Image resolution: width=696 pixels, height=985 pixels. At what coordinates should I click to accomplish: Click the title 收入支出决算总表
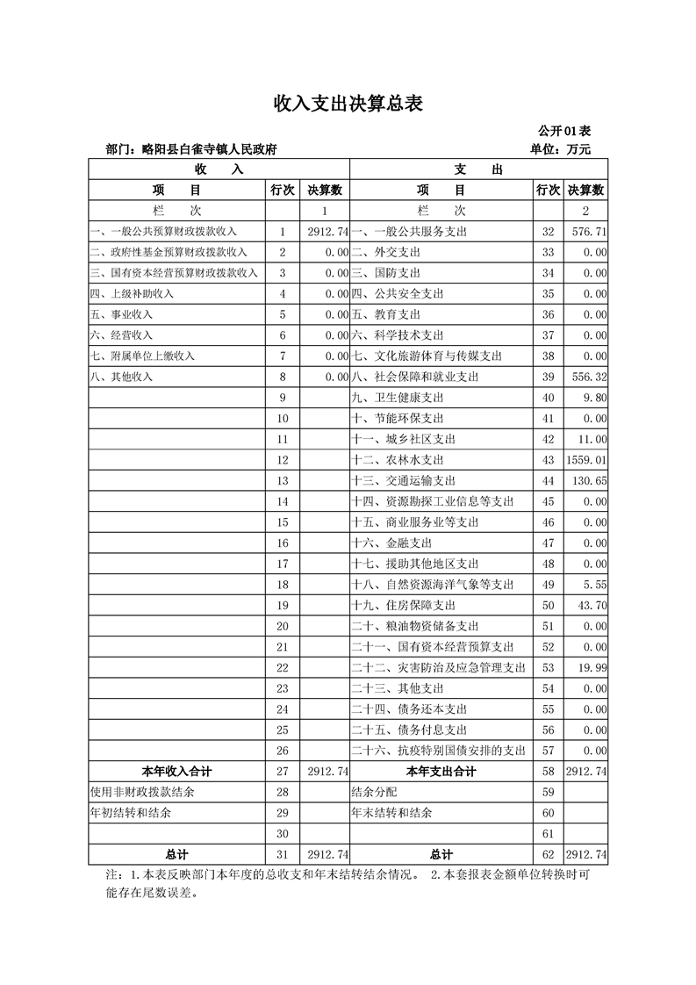coord(348,104)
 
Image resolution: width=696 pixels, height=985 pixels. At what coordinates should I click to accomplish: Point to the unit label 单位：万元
coord(561,150)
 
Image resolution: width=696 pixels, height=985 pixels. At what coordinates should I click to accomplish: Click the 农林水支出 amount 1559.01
coord(587,460)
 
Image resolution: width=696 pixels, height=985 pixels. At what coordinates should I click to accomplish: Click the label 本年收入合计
coord(176,772)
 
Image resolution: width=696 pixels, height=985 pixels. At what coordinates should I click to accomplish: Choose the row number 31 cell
coord(283,854)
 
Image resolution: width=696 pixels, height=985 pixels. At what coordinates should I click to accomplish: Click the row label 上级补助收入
coord(132,294)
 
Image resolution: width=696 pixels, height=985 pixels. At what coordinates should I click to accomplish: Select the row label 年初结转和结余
coord(131,813)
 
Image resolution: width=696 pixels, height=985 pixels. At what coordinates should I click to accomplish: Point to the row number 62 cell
coord(549,854)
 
